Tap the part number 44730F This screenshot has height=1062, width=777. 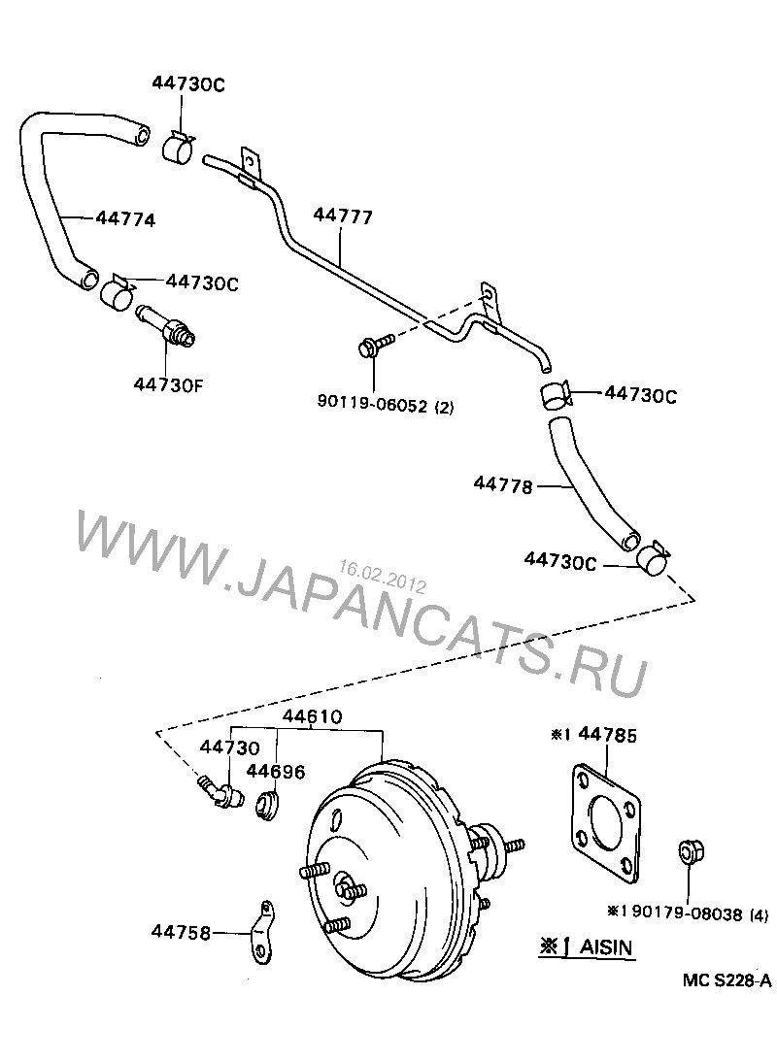pos(168,382)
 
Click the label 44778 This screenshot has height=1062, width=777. pos(503,484)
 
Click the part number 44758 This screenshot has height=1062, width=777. pos(181,932)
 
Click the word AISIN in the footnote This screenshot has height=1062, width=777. pos(607,946)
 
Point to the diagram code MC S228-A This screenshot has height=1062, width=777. pos(726,981)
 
